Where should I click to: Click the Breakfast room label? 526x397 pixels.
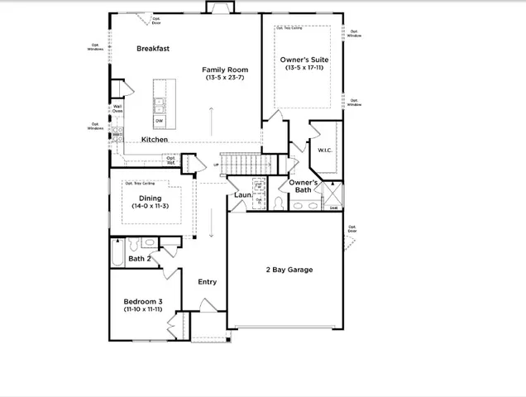pyautogui.click(x=153, y=49)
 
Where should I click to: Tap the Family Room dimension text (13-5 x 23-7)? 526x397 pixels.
pyautogui.click(x=225, y=78)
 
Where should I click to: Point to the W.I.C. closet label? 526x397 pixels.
pyautogui.click(x=324, y=151)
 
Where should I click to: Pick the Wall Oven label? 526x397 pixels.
pyautogui.click(x=117, y=108)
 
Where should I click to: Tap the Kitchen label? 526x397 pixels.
pyautogui.click(x=155, y=140)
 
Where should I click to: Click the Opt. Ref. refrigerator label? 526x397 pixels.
pyautogui.click(x=170, y=160)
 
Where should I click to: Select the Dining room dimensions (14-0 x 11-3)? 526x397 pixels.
pyautogui.click(x=151, y=206)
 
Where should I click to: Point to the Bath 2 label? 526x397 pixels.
pyautogui.click(x=139, y=259)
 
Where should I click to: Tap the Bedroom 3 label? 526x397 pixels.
pyautogui.click(x=142, y=301)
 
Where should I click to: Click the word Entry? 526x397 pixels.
pyautogui.click(x=207, y=282)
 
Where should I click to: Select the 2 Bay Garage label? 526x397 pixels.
pyautogui.click(x=289, y=270)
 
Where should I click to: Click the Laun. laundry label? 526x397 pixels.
pyautogui.click(x=242, y=195)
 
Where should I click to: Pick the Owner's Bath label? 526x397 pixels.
pyautogui.click(x=304, y=185)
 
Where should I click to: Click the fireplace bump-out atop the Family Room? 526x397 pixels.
pyautogui.click(x=220, y=8)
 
